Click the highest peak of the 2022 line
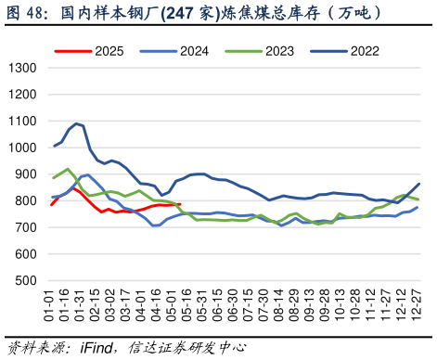pos(76,122)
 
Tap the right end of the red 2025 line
pos(179,205)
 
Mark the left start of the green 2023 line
pos(54,177)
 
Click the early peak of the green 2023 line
pos(68,169)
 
